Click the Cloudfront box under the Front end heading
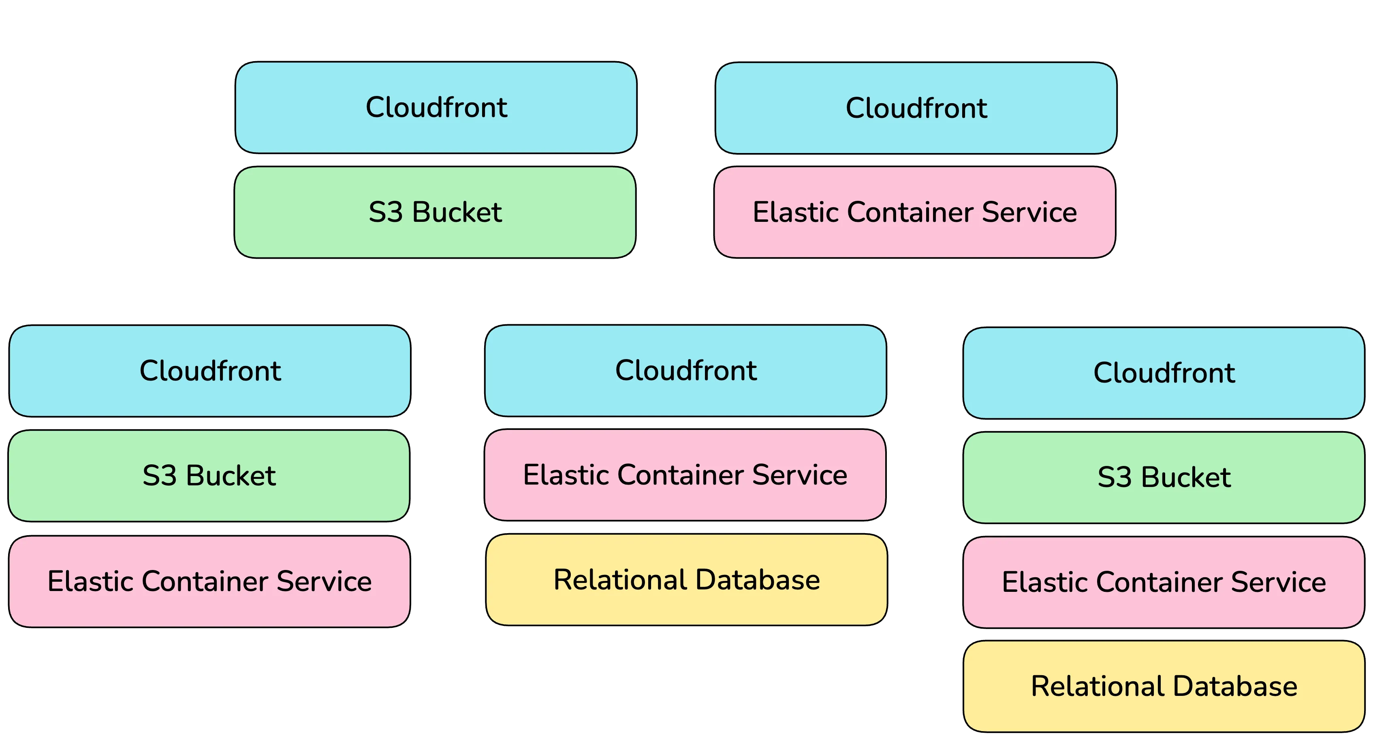pos(436,108)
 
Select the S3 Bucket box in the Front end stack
pos(435,212)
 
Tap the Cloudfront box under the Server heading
pos(916,108)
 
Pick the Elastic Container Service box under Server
pos(915,212)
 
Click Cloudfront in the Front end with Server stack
pos(210,371)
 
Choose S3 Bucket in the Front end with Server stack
pos(209,476)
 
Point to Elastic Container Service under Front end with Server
pos(209,581)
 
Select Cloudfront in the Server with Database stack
pos(686,370)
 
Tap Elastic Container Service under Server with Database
pos(685,475)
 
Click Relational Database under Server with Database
pos(686,580)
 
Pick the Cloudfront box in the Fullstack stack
pos(1164,373)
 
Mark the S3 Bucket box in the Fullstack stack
pos(1164,477)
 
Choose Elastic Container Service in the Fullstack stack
pos(1164,582)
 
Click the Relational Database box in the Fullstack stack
pos(1164,686)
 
